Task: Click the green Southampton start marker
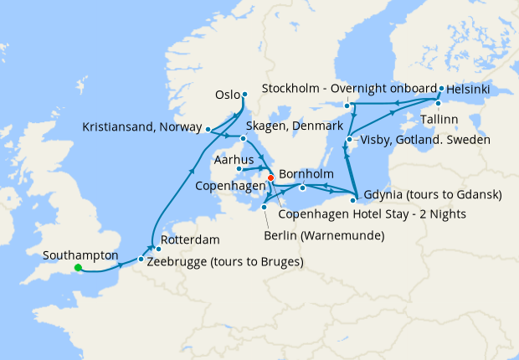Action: [78, 268]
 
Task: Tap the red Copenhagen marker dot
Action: [270, 177]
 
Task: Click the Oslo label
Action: [228, 95]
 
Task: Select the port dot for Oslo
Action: [244, 94]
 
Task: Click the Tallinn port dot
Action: [438, 103]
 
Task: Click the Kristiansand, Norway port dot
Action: [208, 129]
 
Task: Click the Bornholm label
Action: [305, 174]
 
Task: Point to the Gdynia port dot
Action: [354, 199]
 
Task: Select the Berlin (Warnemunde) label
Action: [324, 234]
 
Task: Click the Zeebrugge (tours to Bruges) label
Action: [224, 261]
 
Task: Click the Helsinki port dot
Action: [441, 87]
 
